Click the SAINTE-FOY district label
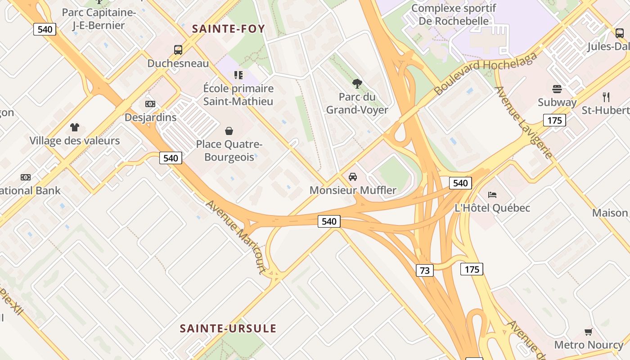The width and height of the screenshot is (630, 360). click(228, 29)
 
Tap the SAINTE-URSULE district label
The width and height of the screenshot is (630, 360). click(228, 328)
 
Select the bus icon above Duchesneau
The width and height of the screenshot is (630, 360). click(178, 50)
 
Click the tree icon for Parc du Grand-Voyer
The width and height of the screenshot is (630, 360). click(357, 83)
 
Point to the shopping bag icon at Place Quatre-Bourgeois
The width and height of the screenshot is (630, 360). click(229, 131)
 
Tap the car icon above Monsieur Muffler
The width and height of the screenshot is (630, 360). click(353, 176)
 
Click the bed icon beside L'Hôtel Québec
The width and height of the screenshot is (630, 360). click(492, 195)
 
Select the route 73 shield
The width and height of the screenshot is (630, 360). click(424, 270)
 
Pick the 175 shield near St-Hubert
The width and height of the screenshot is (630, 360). click(554, 120)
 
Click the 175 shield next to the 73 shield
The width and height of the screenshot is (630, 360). click(472, 269)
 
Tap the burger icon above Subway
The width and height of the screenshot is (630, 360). click(557, 89)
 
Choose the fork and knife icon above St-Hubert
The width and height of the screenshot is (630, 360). click(606, 97)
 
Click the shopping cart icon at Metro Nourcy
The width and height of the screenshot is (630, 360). click(588, 332)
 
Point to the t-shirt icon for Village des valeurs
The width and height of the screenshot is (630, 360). click(75, 127)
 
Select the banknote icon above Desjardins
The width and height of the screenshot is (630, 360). click(150, 104)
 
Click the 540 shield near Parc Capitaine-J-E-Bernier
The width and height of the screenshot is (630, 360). click(45, 30)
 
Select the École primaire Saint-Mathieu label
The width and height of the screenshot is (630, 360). click(238, 94)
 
